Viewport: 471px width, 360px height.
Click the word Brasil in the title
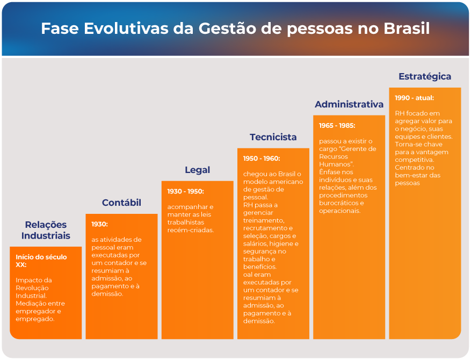click(x=407, y=28)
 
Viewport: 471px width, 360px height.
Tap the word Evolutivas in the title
click(x=126, y=28)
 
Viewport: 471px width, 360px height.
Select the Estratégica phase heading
click(x=425, y=77)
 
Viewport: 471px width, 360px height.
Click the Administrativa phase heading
click(x=349, y=104)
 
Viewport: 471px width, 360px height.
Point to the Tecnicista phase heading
click(x=273, y=137)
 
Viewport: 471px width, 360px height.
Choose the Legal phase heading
click(x=197, y=170)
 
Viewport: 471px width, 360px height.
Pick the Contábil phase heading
click(x=121, y=203)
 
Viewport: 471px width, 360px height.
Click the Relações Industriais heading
click(x=46, y=230)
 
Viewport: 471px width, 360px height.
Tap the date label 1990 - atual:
click(x=414, y=98)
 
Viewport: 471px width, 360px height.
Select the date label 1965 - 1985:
click(x=337, y=126)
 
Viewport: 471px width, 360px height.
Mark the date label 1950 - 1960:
click(x=262, y=159)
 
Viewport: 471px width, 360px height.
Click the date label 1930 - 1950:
click(x=185, y=191)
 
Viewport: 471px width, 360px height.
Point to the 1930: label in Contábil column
click(x=99, y=224)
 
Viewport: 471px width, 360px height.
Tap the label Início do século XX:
click(x=41, y=261)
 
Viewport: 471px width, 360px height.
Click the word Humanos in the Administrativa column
click(x=335, y=164)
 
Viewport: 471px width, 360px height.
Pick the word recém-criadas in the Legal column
click(x=191, y=230)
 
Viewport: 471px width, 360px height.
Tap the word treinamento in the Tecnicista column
click(x=264, y=221)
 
